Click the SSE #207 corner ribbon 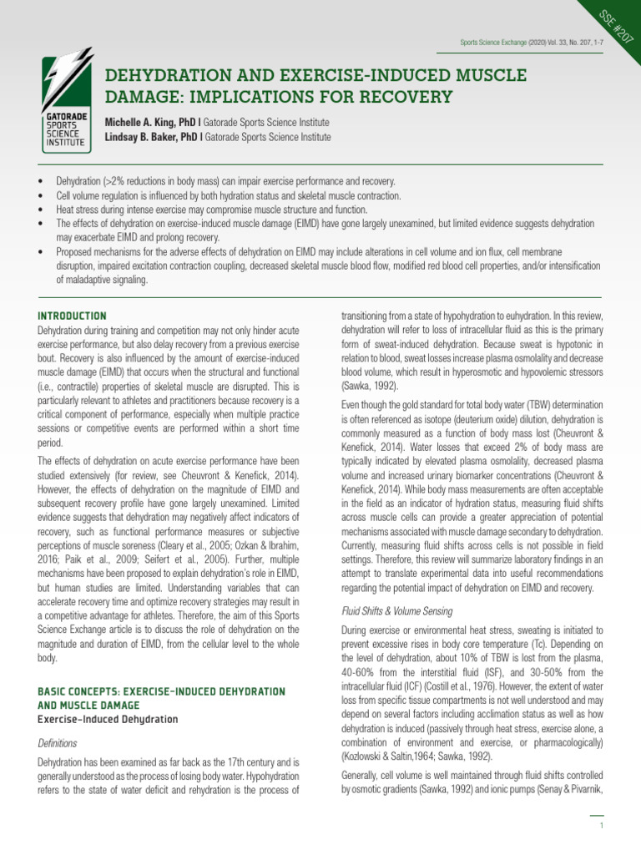(612, 30)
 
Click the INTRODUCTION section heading (73, 316)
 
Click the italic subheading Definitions (58, 742)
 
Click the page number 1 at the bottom (601, 826)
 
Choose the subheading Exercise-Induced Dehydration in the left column (109, 719)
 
